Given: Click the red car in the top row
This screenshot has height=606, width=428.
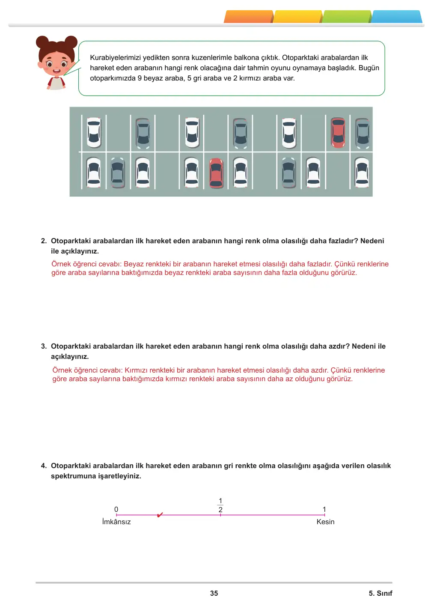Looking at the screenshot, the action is (338, 133).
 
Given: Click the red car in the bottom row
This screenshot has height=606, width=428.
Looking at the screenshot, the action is (216, 173).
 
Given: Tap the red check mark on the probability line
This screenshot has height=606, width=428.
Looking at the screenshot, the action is (160, 514).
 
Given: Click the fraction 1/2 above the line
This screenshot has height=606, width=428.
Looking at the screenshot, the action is (220, 505).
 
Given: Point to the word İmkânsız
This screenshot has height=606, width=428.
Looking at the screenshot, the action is (116, 522).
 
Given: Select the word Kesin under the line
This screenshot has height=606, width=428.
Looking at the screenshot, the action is (325, 522).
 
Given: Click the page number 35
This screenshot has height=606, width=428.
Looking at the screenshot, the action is (214, 593).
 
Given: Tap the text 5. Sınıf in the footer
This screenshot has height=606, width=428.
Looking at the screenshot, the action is (380, 593).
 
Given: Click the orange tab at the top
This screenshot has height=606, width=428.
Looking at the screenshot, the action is (248, 17).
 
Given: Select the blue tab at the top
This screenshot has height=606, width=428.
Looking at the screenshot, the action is (397, 17).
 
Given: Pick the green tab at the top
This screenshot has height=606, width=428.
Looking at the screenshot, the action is (347, 17).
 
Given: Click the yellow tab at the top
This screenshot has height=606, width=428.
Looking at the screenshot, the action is (298, 17).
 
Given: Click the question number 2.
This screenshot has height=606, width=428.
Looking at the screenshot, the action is (44, 241).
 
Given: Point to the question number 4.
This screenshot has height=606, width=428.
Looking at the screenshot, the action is (44, 466).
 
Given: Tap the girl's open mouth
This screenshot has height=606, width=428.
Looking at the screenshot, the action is (56, 72).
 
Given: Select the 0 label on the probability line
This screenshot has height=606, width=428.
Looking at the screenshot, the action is (116, 509).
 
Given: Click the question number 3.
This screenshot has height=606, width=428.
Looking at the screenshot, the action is (44, 346).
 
